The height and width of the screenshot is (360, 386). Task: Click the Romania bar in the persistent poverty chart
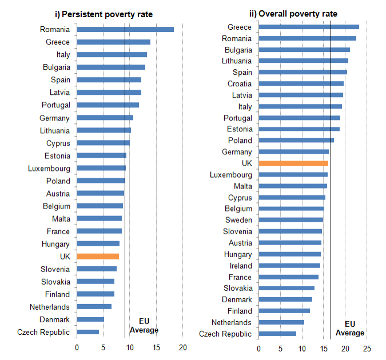[x=125, y=29]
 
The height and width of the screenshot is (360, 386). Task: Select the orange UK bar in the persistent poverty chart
[x=98, y=257]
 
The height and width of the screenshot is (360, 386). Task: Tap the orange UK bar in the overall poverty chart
[x=293, y=163]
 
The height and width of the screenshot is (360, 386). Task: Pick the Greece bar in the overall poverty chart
[x=309, y=27]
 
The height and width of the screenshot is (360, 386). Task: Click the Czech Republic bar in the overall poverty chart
[x=277, y=334]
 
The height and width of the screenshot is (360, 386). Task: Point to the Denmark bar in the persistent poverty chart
[x=90, y=319]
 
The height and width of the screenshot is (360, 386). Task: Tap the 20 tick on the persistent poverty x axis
[x=183, y=347]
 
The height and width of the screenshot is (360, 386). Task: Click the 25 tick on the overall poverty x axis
[x=367, y=347]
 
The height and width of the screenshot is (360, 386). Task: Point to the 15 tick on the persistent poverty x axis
[x=156, y=347]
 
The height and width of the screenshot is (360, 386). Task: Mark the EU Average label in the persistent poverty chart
[x=144, y=325]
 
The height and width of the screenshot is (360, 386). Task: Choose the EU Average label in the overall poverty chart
[x=349, y=328]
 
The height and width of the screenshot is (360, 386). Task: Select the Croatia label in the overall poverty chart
[x=240, y=83]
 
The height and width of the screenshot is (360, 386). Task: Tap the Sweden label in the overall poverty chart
[x=238, y=220]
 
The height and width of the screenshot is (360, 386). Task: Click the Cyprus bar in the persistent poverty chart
[x=103, y=143]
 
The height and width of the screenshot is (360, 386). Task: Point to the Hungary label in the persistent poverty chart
[x=55, y=244]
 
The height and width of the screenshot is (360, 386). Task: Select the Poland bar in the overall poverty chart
[x=296, y=141]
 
